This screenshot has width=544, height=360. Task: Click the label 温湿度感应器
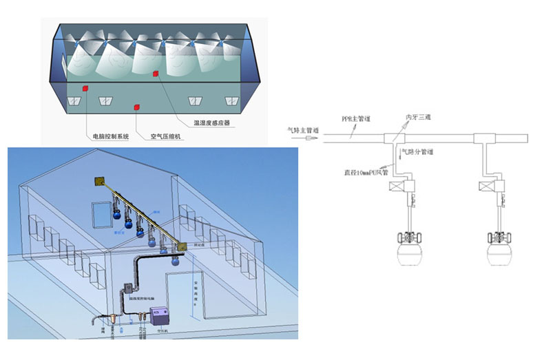[x=211, y=123]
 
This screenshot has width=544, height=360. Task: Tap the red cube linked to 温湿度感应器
[x=156, y=74]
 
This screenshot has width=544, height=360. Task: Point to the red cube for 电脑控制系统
[x=86, y=88]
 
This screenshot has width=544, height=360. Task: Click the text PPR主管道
[x=356, y=119]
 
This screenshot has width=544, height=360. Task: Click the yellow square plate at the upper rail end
[x=99, y=182]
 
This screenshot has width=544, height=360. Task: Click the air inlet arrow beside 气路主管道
[x=312, y=138]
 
